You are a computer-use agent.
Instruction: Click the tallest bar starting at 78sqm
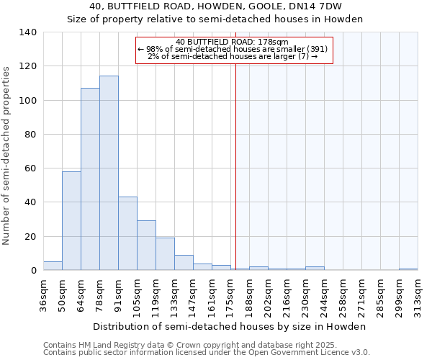click(x=109, y=173)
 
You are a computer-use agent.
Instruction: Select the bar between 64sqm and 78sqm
click(x=90, y=179)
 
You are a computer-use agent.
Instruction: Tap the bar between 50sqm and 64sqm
click(x=71, y=220)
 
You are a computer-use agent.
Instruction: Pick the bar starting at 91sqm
click(x=127, y=233)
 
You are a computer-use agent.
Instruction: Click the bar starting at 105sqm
click(x=146, y=246)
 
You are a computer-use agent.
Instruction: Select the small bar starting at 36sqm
click(x=53, y=266)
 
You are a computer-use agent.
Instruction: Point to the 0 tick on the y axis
click(x=33, y=271)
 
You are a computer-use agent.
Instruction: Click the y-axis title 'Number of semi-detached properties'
click(x=7, y=155)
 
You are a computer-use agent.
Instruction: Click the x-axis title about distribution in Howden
click(x=230, y=326)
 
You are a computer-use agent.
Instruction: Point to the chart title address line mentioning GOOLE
click(x=215, y=6)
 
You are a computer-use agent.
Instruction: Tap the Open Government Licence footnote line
click(x=206, y=353)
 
